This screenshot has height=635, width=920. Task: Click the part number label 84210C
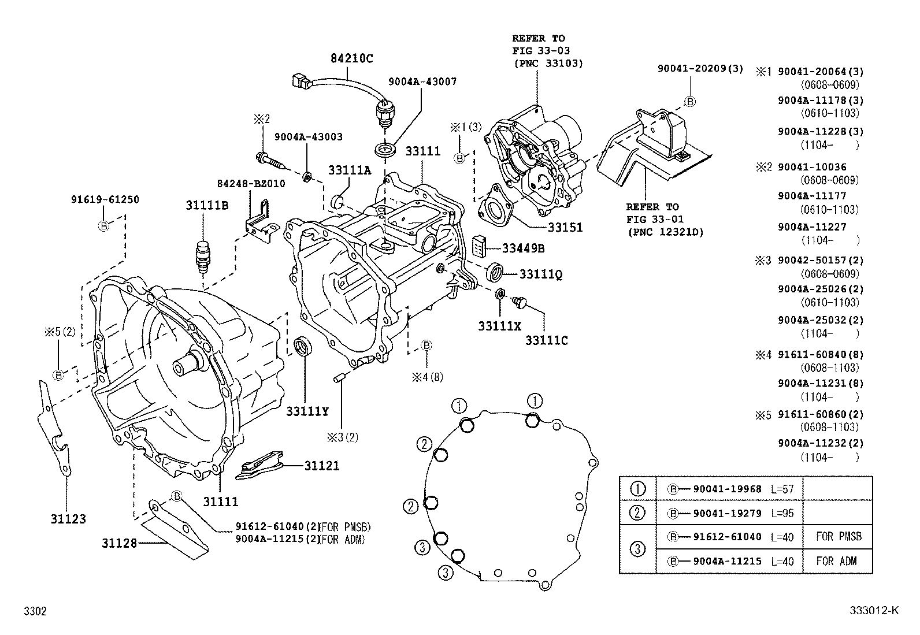coord(351,58)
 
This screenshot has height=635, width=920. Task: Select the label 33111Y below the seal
coord(307,411)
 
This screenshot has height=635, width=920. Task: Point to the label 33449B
coord(522,248)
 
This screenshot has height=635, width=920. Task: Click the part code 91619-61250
coord(105,199)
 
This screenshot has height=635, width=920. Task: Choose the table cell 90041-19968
coord(727,489)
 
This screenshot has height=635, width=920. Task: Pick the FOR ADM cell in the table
coord(836,561)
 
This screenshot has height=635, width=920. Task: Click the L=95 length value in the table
coord(782,513)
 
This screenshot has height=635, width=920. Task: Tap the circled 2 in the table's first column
coord(637,513)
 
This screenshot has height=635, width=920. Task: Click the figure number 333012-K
coord(874,611)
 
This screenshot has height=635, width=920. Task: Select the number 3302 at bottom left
coord(35,611)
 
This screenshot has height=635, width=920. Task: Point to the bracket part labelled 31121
coord(259,466)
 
